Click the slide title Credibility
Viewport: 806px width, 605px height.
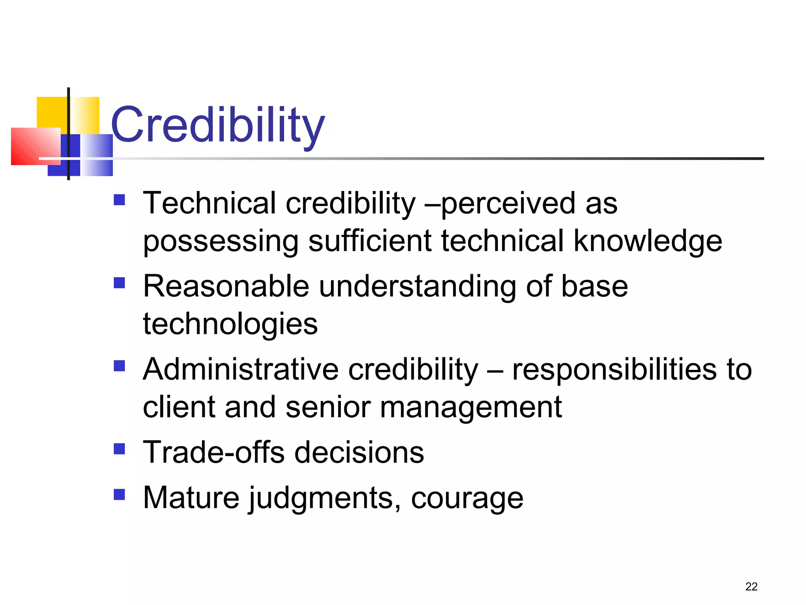(218, 125)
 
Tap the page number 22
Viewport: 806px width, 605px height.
(751, 586)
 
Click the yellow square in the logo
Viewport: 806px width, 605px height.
(51, 112)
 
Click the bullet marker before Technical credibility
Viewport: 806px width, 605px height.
(119, 200)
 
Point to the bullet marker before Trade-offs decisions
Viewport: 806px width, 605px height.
(119, 449)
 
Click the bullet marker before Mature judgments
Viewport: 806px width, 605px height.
(119, 494)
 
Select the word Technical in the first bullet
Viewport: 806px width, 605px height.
(209, 203)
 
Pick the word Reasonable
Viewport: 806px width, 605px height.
(226, 286)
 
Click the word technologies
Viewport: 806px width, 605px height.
(230, 324)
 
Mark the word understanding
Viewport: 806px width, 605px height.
(417, 286)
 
